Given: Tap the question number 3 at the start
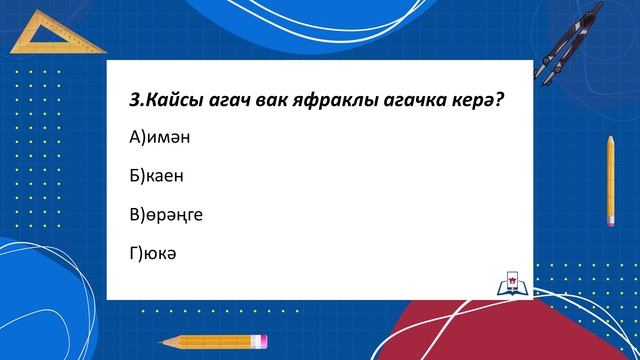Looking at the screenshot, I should click(x=135, y=100).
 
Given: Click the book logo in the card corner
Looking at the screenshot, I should click(x=510, y=284).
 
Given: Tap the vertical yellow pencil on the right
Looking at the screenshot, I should click(x=609, y=180).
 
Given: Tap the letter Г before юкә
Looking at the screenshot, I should click(x=134, y=252).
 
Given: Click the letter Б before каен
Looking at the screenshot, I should click(x=134, y=176).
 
